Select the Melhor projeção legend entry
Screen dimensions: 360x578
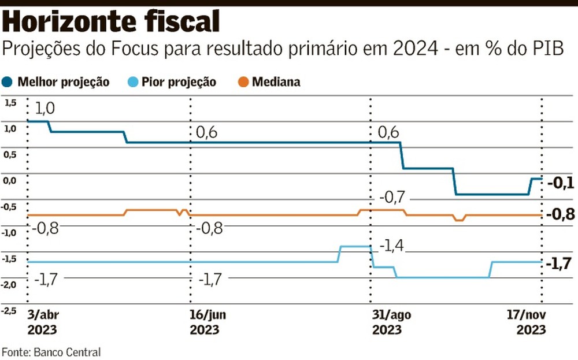(58, 82)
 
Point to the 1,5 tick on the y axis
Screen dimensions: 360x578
(11, 103)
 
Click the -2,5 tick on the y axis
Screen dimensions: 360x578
(10, 311)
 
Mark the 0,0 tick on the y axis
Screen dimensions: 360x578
(11, 180)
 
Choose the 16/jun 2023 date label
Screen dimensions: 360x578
(205, 322)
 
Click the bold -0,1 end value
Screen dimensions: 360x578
(561, 183)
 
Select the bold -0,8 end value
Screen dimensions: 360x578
(561, 215)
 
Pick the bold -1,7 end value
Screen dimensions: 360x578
(561, 265)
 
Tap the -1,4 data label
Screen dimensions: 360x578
(391, 247)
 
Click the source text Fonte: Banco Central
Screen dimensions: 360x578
(51, 351)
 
